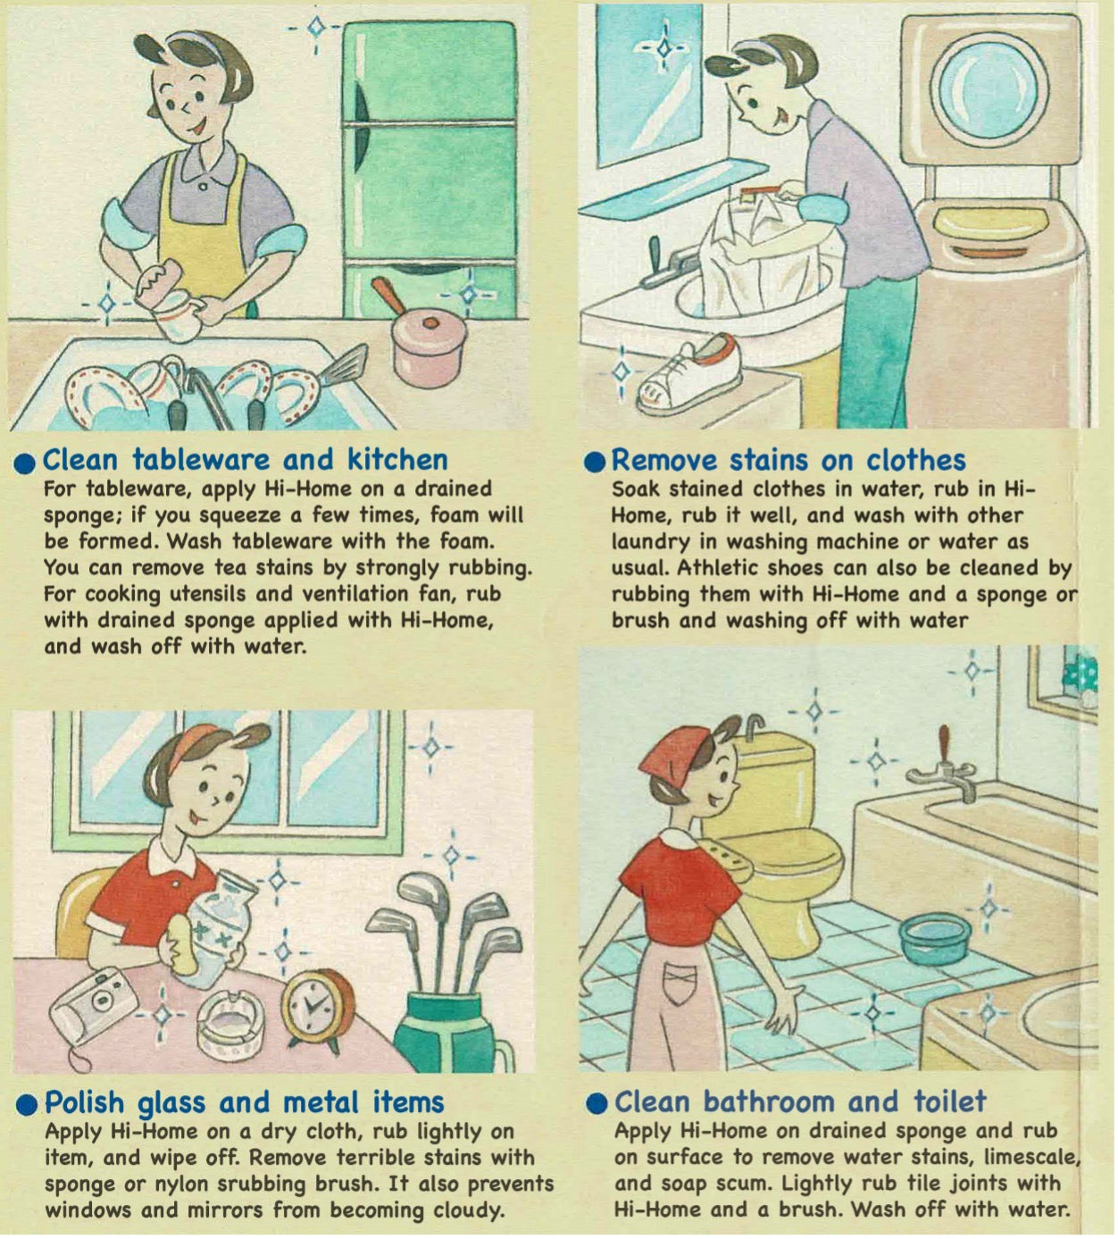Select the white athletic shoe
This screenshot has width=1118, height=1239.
[x=688, y=373]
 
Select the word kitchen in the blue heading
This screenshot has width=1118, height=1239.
[x=397, y=460]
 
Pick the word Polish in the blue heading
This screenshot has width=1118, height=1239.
[x=85, y=1102]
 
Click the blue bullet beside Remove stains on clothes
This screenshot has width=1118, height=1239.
[x=594, y=464]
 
